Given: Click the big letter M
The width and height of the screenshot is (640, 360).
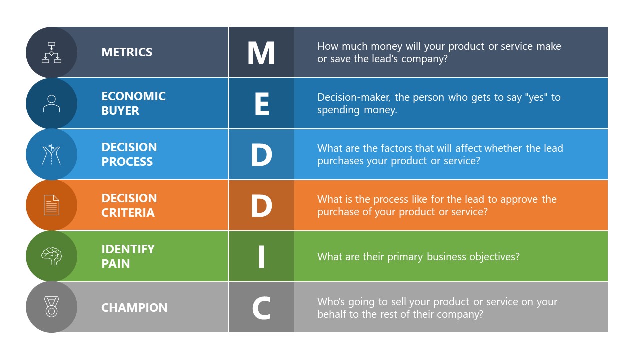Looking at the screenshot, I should click(x=261, y=53).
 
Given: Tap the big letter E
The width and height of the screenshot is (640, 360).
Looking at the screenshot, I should click(x=261, y=104).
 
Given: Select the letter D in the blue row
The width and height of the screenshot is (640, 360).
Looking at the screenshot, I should click(x=261, y=155).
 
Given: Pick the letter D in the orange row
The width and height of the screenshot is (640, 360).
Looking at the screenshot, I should click(x=261, y=206).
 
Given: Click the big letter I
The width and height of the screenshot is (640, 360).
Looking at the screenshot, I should click(x=261, y=257).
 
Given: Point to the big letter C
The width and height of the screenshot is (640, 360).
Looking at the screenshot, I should click(x=261, y=308).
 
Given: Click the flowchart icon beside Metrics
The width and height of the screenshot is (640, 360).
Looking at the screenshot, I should click(x=51, y=52).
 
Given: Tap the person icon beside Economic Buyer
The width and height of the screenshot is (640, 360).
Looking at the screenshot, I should click(x=51, y=104).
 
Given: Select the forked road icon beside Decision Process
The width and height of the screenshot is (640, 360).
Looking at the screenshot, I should click(x=51, y=155).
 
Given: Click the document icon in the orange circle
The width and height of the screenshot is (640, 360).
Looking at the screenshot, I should click(x=51, y=205).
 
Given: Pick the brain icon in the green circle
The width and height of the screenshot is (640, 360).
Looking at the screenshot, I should click(x=51, y=256).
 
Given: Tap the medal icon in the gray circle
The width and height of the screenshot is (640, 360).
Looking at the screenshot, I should click(x=51, y=307).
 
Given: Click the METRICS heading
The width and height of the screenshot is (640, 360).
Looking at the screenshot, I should click(x=127, y=52).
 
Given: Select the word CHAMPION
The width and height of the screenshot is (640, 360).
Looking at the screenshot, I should click(x=134, y=308).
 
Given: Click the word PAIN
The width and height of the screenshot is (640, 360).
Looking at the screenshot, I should click(x=116, y=264).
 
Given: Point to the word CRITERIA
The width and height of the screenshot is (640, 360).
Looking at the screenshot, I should click(x=128, y=213).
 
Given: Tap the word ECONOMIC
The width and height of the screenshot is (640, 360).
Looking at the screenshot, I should click(x=133, y=96).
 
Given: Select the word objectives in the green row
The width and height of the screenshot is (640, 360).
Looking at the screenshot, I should click(x=494, y=257).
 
